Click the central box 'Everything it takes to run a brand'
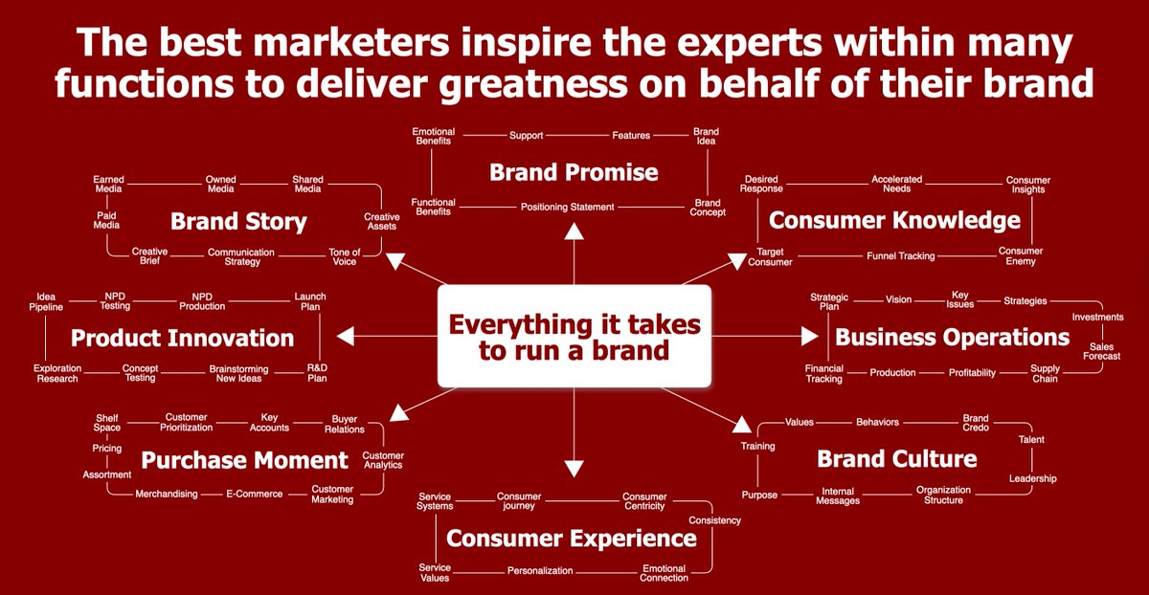click(574, 337)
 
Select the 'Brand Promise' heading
click(574, 172)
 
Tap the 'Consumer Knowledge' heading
click(894, 221)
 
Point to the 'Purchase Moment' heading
click(244, 460)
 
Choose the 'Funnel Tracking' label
click(900, 256)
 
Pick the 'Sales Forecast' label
click(1101, 351)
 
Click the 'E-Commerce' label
click(254, 495)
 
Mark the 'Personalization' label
click(540, 571)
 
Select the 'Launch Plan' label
click(309, 301)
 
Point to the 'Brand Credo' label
click(975, 423)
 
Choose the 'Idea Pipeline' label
click(46, 301)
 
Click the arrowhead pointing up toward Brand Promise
click(574, 230)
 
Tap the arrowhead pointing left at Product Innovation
click(346, 336)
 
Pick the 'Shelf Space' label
click(106, 423)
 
